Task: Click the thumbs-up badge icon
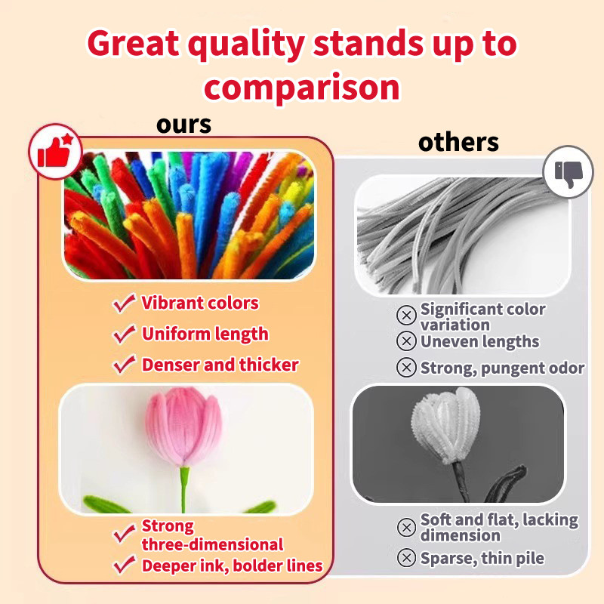(55, 152)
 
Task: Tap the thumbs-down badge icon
(569, 172)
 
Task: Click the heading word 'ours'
(183, 125)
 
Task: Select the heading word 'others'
(458, 142)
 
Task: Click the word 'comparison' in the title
(302, 87)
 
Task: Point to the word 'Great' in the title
(133, 43)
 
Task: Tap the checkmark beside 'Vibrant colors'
(124, 304)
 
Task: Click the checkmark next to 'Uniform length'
(124, 334)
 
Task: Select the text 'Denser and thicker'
(220, 365)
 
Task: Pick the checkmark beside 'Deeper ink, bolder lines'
(124, 565)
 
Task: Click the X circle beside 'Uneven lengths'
(406, 341)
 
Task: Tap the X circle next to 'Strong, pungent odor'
(406, 368)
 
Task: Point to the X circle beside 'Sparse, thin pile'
(406, 557)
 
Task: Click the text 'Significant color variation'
(482, 317)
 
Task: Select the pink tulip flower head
(184, 427)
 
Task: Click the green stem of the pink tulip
(184, 489)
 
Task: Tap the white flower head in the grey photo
(447, 425)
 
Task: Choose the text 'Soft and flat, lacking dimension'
(499, 527)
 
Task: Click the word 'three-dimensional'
(212, 544)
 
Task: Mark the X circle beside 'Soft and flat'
(406, 527)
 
